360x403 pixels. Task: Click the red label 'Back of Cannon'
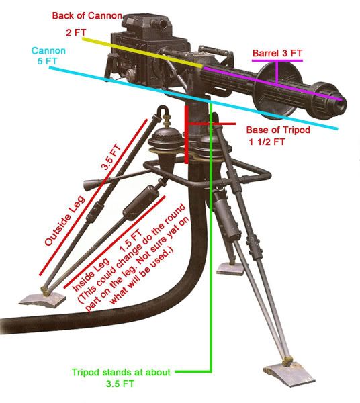pyautogui.click(x=87, y=15)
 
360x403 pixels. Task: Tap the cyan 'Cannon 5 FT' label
pyautogui.click(x=48, y=56)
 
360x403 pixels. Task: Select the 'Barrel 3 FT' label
pyautogui.click(x=277, y=53)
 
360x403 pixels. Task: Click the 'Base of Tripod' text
pyautogui.click(x=278, y=130)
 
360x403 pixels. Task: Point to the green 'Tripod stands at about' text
pyautogui.click(x=121, y=372)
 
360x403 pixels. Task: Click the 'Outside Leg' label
pyautogui.click(x=64, y=220)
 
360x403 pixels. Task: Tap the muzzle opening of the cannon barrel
pyautogui.click(x=341, y=105)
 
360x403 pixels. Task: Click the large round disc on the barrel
pyautogui.click(x=277, y=91)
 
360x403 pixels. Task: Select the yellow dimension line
pyautogui.click(x=142, y=53)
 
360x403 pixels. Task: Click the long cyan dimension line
pyautogui.click(x=193, y=98)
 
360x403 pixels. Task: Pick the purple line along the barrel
pyautogui.click(x=273, y=83)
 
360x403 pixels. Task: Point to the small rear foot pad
pyautogui.click(x=230, y=269)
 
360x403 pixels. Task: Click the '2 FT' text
pyautogui.click(x=76, y=33)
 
